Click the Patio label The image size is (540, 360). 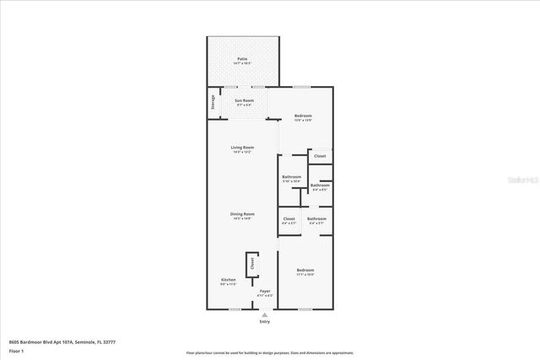[x=242, y=60]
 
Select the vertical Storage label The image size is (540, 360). [x=213, y=102]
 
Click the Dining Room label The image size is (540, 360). [x=242, y=215]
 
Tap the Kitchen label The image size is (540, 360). [x=228, y=280]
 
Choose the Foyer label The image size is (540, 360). [x=265, y=291]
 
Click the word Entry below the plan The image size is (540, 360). [x=265, y=322]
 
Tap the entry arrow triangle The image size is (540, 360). [x=265, y=314]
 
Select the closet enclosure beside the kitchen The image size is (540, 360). [x=251, y=264]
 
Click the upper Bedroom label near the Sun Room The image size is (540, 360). [x=303, y=116]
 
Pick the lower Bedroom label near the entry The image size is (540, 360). [x=305, y=271]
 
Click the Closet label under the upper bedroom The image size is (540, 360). [x=320, y=156]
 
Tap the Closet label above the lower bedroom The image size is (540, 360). [x=289, y=219]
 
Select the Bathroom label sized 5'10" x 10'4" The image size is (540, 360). [x=291, y=178]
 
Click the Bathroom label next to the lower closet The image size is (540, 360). [x=316, y=219]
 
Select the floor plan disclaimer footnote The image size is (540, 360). [x=270, y=352]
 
